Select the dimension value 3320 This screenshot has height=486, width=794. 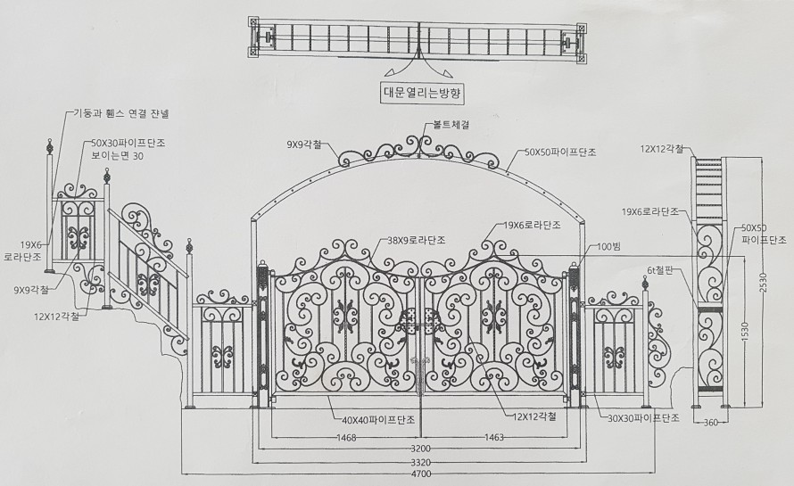click(x=419, y=463)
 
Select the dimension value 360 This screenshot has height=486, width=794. click(x=712, y=423)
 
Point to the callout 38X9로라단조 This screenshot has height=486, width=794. click(x=417, y=240)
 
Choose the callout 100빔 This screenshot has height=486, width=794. click(x=611, y=245)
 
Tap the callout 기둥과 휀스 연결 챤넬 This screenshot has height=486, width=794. click(x=127, y=113)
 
